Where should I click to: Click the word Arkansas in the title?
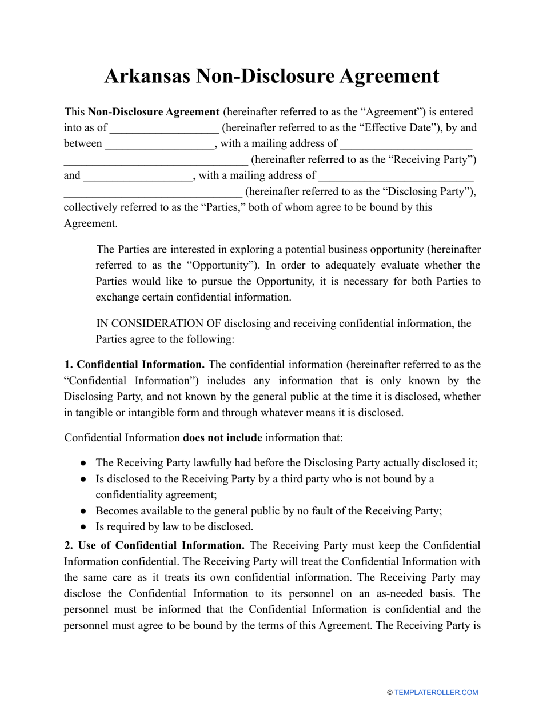147,76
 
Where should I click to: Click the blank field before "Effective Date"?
164,129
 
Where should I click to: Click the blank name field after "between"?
160,145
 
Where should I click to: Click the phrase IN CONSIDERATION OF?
158,323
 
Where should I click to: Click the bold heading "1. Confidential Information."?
135,364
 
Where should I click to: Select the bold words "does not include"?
222,438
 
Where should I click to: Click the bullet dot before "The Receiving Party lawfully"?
83,463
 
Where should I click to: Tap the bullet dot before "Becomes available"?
83,511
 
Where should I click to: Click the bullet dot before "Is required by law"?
83,527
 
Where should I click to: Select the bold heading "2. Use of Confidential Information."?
155,545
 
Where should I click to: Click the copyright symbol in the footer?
390,693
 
